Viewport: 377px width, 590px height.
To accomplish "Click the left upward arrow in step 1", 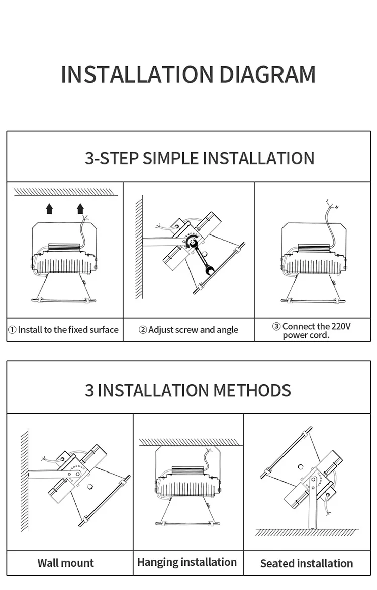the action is [x=49, y=208].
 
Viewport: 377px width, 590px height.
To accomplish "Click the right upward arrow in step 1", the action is [x=80, y=208].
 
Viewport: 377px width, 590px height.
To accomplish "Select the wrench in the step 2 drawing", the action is [x=201, y=256].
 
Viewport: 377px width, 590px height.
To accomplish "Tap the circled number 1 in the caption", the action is [x=12, y=330].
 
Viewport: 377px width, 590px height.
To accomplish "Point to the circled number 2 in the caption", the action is [x=143, y=330].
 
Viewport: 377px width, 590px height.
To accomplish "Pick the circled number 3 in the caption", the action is [x=276, y=326].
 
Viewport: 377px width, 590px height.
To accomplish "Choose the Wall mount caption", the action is [x=65, y=563].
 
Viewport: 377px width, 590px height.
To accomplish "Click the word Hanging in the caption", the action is [x=158, y=562].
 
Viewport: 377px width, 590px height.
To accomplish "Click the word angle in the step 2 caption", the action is [x=228, y=330].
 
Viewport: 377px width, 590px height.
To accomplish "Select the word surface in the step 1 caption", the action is [x=104, y=330].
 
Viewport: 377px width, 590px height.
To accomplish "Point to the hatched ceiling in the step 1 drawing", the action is [x=66, y=192].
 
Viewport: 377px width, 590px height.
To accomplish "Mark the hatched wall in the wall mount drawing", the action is [x=25, y=480].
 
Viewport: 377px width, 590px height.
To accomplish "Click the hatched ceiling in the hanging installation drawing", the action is [x=189, y=442].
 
